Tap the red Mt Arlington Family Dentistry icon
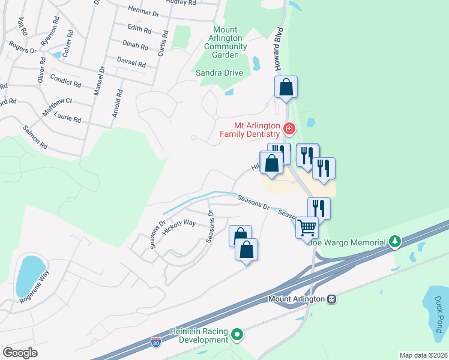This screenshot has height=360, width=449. pyautogui.click(x=289, y=128)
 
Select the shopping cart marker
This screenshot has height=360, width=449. pyautogui.click(x=307, y=227)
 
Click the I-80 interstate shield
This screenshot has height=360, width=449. pyautogui.click(x=155, y=341)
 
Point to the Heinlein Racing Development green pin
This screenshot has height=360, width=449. pyautogui.click(x=238, y=334)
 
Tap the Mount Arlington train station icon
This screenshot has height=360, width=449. pyautogui.click(x=331, y=299)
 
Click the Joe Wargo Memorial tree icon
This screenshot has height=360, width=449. pyautogui.click(x=394, y=242)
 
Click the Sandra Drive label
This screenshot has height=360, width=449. pyautogui.click(x=220, y=73)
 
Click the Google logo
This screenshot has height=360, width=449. pyautogui.click(x=20, y=353)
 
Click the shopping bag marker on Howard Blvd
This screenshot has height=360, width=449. pyautogui.click(x=286, y=87)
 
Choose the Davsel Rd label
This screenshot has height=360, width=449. pyautogui.click(x=131, y=63)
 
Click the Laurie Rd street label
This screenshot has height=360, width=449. pyautogui.click(x=68, y=118)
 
